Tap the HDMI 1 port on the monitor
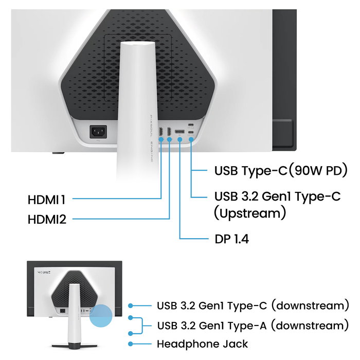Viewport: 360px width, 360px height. click(x=161, y=133)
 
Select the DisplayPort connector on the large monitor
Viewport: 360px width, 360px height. click(x=180, y=133)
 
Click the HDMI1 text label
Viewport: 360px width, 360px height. click(x=47, y=199)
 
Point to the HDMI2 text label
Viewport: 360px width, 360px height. click(x=47, y=220)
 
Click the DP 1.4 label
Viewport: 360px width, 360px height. click(x=231, y=239)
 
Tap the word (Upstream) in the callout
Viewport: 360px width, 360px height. click(x=249, y=212)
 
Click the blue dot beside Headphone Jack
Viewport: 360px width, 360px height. click(x=132, y=344)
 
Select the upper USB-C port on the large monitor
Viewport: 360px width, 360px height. click(x=191, y=125)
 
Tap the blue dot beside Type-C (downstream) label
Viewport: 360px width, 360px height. click(x=132, y=305)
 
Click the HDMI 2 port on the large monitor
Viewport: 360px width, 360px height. click(x=169, y=133)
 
